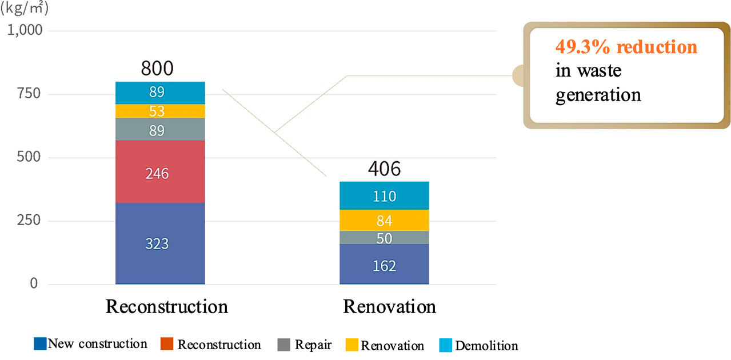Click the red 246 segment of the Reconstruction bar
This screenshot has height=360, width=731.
(160, 171)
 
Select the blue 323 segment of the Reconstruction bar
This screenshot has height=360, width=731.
(160, 243)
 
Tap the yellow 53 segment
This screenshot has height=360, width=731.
(160, 111)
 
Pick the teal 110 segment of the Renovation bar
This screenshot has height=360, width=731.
(384, 195)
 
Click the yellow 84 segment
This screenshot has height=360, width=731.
(384, 221)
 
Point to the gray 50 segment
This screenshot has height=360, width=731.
(384, 238)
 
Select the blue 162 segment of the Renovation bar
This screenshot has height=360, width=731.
(384, 264)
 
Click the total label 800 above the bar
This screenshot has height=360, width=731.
(157, 68)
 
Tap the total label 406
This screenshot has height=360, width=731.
(384, 169)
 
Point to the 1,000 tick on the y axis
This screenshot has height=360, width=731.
(25, 30)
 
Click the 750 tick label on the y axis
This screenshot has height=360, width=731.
(29, 94)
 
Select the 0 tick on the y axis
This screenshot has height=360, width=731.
(34, 283)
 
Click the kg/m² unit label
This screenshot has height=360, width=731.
(25, 8)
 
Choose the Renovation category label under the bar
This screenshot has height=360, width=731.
(389, 306)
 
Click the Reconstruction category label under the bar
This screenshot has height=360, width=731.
(167, 306)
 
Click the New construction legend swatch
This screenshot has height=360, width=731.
(40, 343)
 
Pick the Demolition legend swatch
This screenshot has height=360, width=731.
(445, 345)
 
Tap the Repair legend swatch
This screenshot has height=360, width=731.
(283, 345)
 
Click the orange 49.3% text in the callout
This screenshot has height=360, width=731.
(582, 47)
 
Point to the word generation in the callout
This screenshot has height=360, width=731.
(598, 95)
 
